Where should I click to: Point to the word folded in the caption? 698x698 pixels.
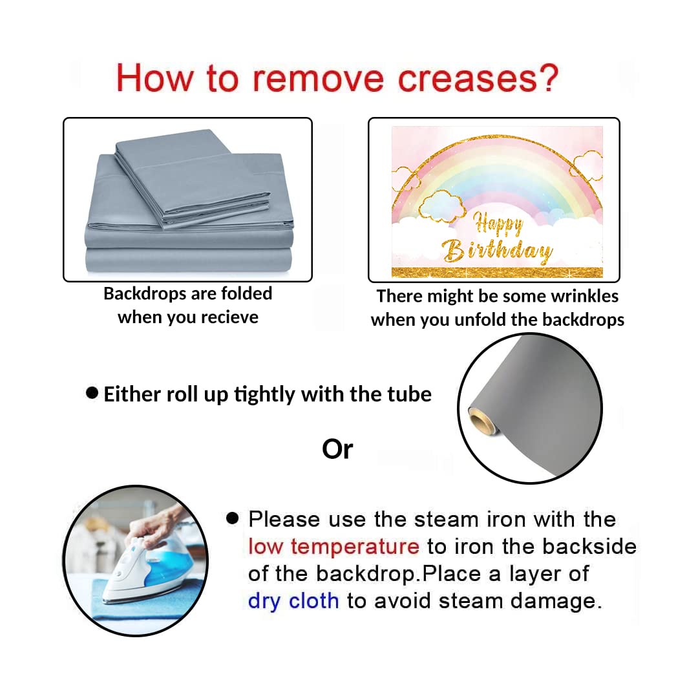pos(247,293)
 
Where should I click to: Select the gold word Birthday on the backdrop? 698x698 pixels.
pos(497,250)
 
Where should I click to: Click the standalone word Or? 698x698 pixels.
pos(337,449)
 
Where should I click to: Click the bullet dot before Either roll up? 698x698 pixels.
pos(92,393)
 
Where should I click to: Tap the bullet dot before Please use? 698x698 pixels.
pos(233,518)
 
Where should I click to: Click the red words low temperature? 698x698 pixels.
pos(333,546)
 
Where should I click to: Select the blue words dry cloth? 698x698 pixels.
pos(293,601)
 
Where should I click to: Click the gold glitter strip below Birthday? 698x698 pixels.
pos(497,273)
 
